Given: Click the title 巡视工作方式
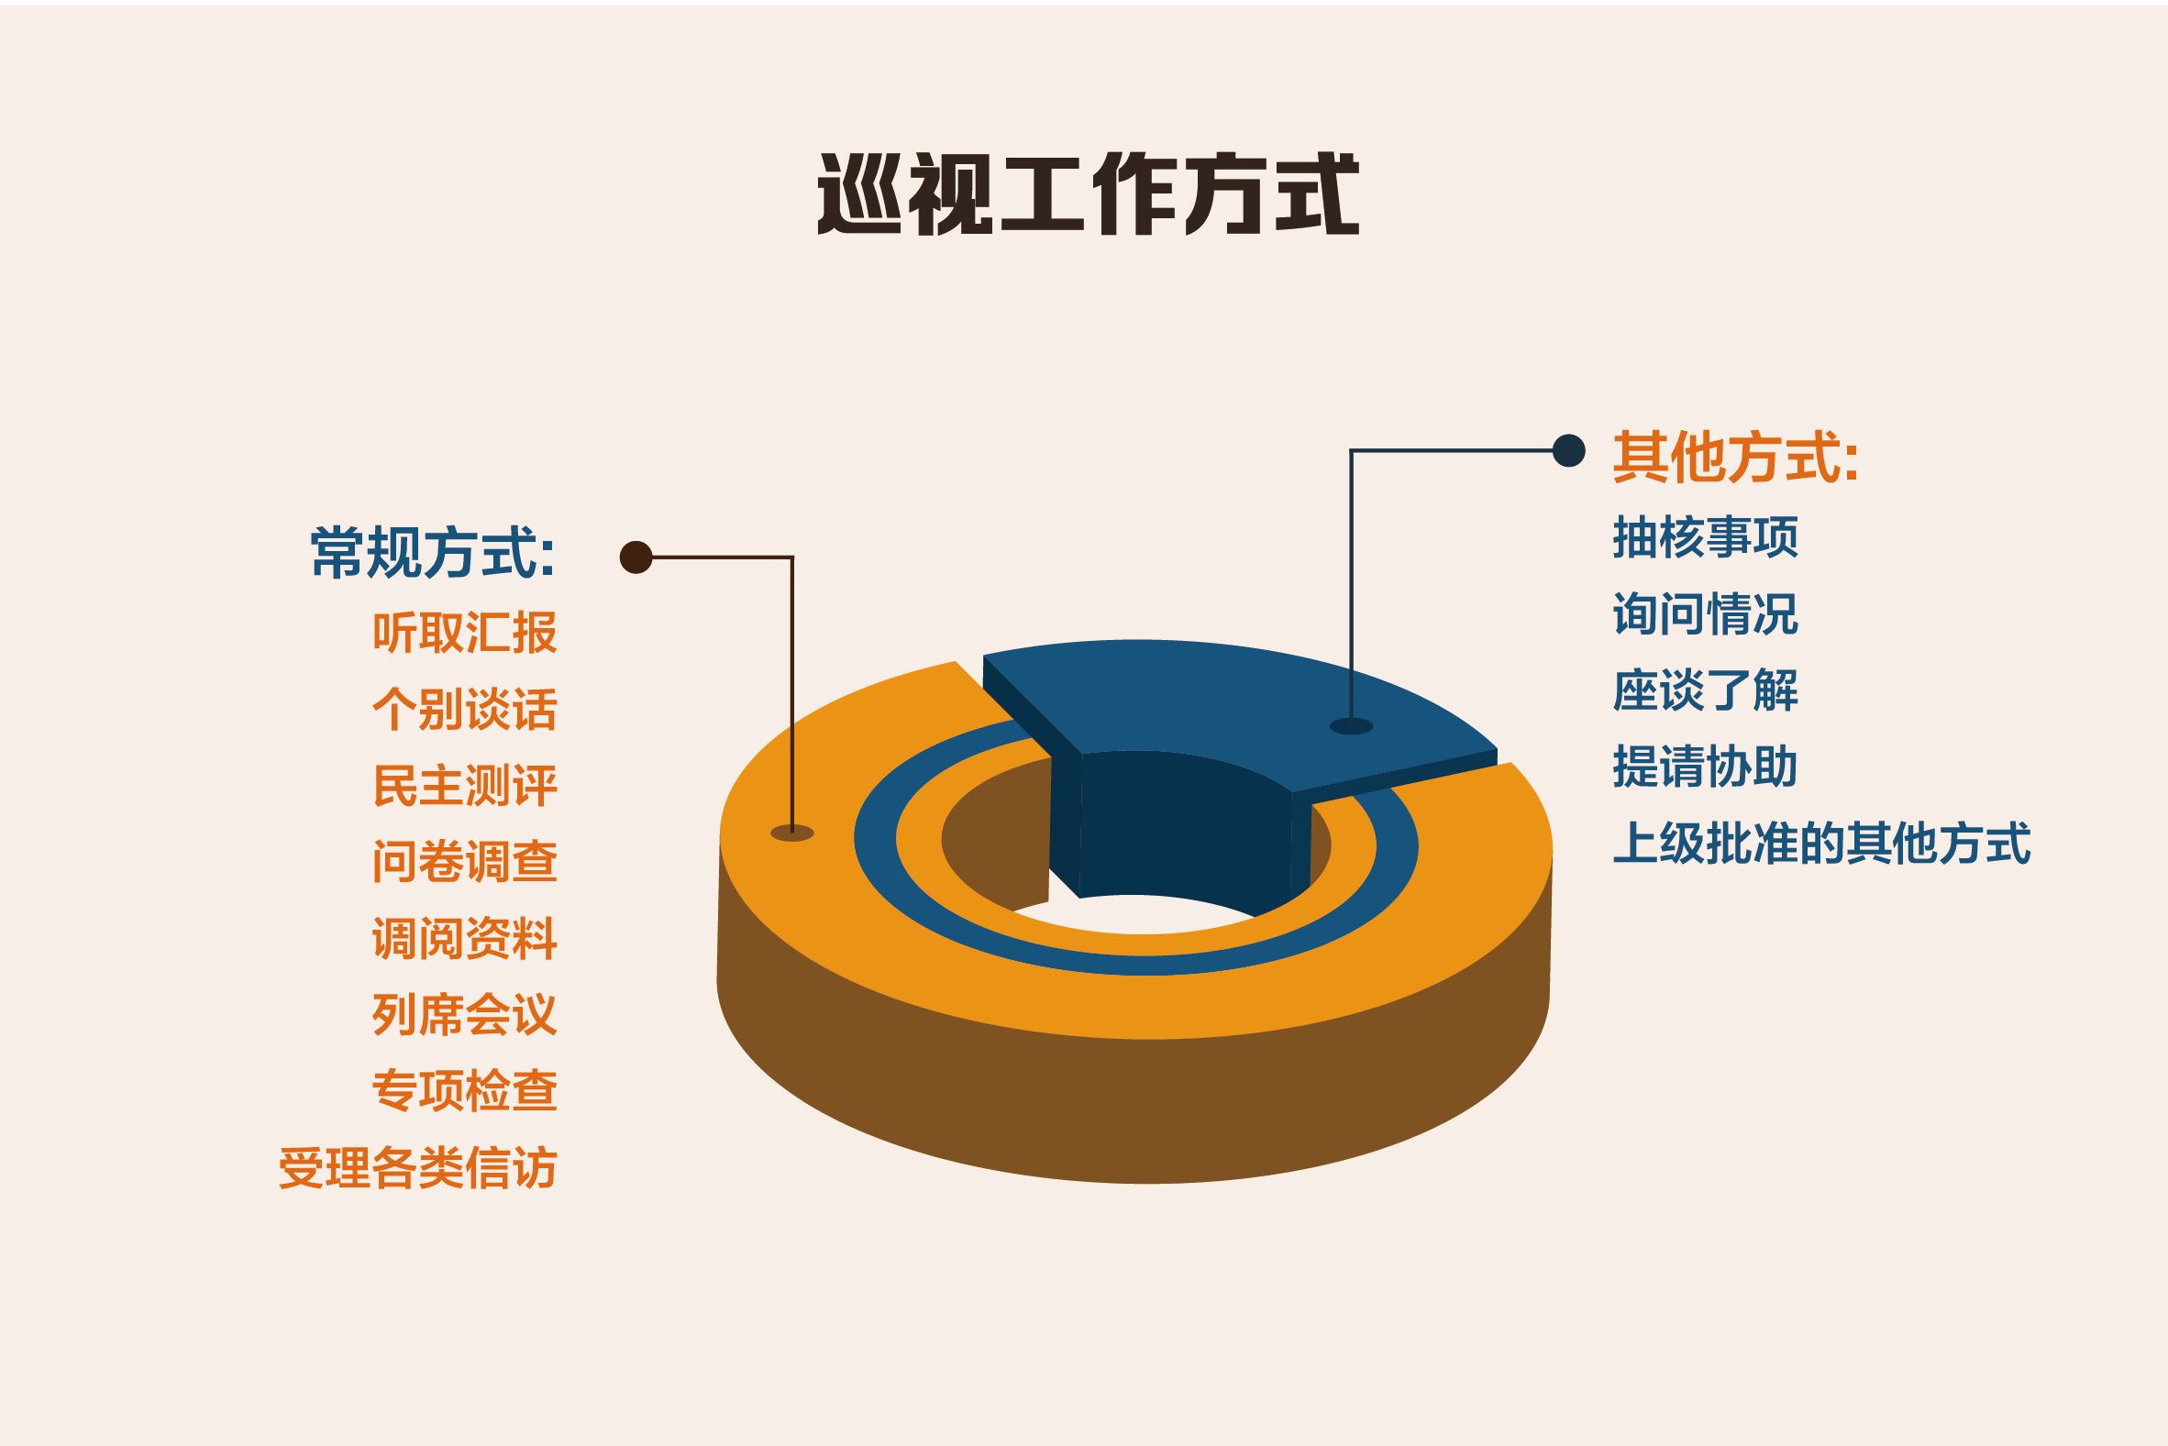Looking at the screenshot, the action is pos(1089,193).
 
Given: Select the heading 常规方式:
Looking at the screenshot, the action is pos(433,553).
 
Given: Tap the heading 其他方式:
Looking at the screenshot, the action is pos(1735,458).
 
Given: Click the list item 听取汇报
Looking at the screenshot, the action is pos(465,633).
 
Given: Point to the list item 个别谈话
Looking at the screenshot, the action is pos(465,709).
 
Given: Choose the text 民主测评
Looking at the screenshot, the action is pos(465,786).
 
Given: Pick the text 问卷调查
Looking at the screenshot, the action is pos(465,861).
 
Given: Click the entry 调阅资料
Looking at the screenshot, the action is pos(465,939).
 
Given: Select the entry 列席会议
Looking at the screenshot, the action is pos(465,1014).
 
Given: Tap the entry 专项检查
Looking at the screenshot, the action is pos(465,1091).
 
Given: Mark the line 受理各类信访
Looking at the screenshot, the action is pos(418,1168).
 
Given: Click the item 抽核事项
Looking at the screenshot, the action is pos(1705,537).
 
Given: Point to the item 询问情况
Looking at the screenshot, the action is pos(1705,614).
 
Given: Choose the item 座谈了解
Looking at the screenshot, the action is pos(1705,690).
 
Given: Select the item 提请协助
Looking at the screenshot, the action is pos(1705,767).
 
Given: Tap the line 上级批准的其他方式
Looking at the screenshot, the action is pos(1822,844).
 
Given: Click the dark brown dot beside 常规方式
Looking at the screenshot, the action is pos(636,557).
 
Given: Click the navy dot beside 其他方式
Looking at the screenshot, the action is pos(1568,451).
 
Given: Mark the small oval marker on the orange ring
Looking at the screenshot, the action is pos(792,833).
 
